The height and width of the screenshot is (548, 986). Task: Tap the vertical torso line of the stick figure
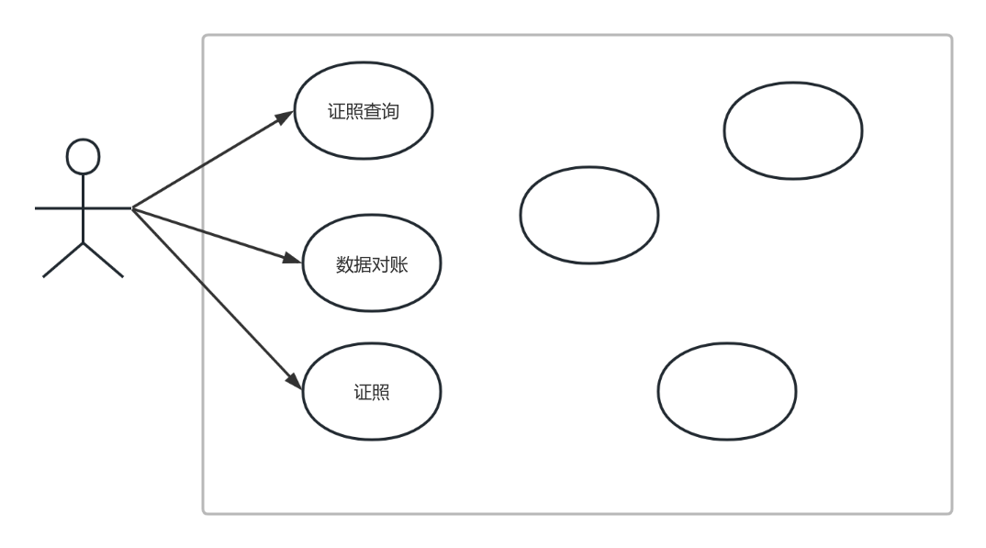[83, 208]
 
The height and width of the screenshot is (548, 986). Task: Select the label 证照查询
[364, 111]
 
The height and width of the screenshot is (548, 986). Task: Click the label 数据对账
[372, 264]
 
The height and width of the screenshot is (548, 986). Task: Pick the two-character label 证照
[372, 392]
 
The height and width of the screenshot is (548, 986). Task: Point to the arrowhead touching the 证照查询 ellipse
[286, 117]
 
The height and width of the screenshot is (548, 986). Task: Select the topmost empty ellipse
[793, 83]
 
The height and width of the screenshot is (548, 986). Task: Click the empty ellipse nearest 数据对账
[589, 167]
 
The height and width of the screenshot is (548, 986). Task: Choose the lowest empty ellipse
[727, 343]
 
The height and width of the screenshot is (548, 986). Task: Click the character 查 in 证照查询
[372, 111]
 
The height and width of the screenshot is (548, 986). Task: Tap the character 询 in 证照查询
[390, 111]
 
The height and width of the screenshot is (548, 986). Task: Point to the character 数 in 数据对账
[344, 264]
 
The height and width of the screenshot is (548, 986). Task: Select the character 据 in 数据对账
[363, 264]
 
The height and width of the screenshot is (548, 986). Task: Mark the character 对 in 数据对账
[381, 264]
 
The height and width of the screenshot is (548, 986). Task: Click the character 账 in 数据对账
[399, 264]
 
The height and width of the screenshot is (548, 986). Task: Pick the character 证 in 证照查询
[336, 111]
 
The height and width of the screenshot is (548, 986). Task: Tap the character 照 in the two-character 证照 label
[381, 392]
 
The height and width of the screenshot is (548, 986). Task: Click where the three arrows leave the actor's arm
[132, 208]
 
